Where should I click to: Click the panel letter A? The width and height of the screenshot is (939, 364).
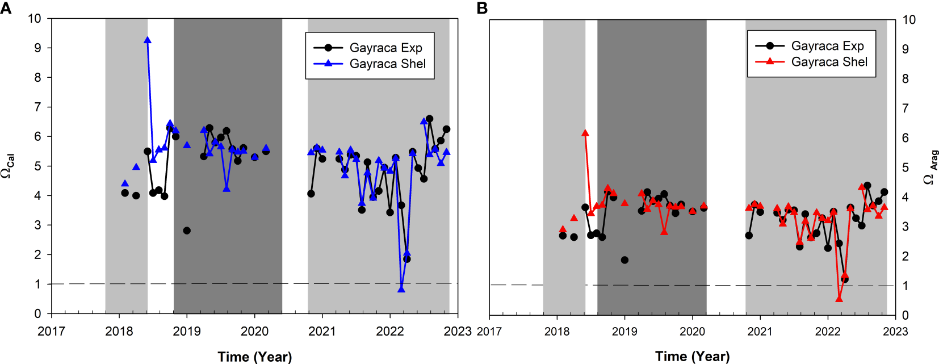pos(6,8)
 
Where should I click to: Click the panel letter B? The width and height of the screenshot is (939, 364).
pos(482,8)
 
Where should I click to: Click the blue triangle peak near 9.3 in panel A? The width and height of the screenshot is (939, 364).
pos(148,40)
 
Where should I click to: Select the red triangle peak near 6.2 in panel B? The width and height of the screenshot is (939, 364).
pos(585,133)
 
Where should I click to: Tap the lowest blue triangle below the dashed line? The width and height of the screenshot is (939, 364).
pos(401,289)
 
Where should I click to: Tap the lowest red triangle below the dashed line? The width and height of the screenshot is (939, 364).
pos(839,298)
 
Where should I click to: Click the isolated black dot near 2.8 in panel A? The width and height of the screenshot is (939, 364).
pos(187,231)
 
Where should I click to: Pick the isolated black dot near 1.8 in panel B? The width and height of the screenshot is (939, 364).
pos(624,260)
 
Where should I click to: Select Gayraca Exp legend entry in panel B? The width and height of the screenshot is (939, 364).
pos(827,45)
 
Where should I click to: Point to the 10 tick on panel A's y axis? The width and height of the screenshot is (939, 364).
pos(35,18)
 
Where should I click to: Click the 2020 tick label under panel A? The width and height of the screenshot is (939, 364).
pos(254,331)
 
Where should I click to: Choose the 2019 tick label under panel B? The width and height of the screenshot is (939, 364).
pos(624,331)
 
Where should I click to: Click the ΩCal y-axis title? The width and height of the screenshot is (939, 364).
pos(8,166)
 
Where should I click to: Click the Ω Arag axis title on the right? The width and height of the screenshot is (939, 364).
pos(930,168)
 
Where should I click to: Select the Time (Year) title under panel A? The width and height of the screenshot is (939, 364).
pos(254,357)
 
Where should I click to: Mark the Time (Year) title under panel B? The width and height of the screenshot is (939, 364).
pos(692,357)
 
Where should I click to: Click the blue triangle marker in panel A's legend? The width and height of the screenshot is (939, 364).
pos(328,64)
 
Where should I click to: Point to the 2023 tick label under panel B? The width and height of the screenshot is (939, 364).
pos(895,331)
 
